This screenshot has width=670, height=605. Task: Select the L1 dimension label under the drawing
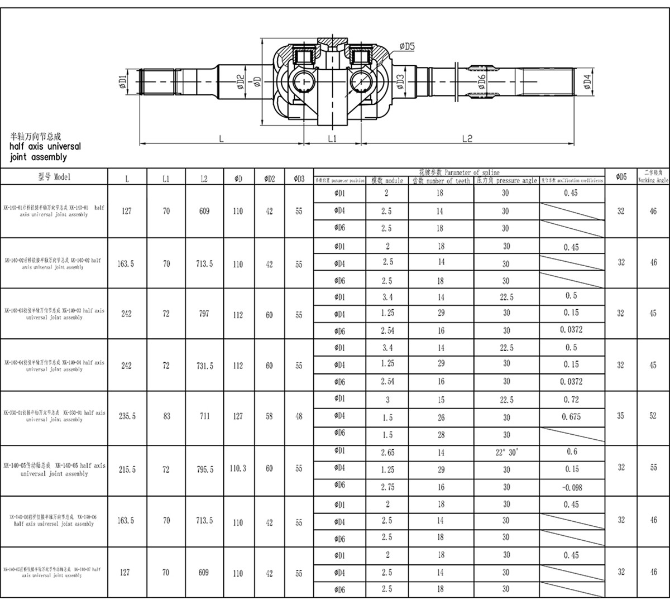pos(332,138)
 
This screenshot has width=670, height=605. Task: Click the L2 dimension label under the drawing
pos(467,138)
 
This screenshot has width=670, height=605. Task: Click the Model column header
pos(54,177)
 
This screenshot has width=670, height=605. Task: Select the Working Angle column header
pos(653,177)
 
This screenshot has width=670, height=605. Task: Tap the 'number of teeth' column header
pos(441,180)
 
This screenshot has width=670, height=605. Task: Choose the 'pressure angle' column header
pos(506,180)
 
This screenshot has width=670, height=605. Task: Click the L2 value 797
pos(204,314)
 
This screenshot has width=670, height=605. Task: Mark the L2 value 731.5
pos(204,365)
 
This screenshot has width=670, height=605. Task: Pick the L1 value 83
pos(166,416)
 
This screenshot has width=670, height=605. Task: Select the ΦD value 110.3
pos(238,468)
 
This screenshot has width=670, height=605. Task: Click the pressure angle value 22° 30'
pos(506,452)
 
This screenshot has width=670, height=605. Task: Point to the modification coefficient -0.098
pos(571,487)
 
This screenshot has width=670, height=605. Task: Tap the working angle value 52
pos(653,416)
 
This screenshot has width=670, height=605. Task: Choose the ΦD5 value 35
pos(621,416)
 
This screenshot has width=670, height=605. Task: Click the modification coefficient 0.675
pos(571,417)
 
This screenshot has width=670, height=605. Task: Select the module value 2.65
pos(387,452)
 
